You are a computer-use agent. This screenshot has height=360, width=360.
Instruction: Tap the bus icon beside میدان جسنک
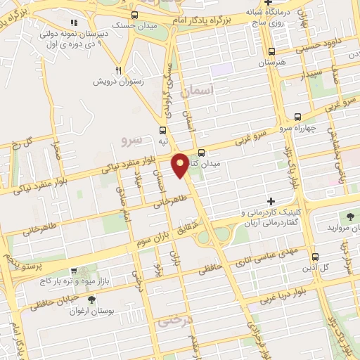[135, 15]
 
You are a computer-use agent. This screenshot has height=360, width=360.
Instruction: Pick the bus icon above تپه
[163, 130]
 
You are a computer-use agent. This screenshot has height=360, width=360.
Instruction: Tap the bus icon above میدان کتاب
[202, 153]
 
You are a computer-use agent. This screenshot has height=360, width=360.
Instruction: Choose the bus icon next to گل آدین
[314, 257]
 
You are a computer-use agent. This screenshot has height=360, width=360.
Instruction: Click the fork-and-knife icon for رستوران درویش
[119, 70]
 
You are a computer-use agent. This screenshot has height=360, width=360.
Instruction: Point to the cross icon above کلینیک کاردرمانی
[271, 202]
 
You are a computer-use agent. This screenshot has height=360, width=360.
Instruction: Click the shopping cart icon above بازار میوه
[74, 270]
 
